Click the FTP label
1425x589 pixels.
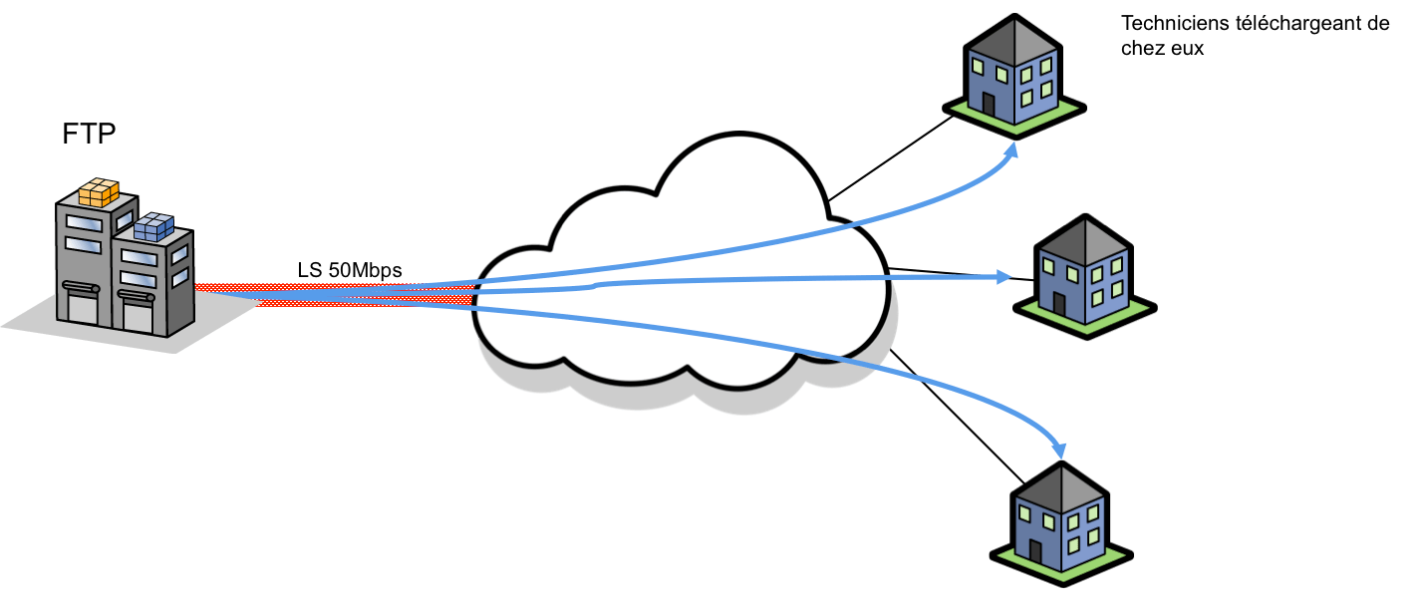coord(89,135)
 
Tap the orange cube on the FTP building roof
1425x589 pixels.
coord(99,192)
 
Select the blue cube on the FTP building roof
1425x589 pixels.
coord(152,227)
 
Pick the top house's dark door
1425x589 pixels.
coord(988,104)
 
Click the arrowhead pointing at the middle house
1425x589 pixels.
coord(1004,277)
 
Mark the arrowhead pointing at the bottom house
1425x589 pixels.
coord(1062,449)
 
